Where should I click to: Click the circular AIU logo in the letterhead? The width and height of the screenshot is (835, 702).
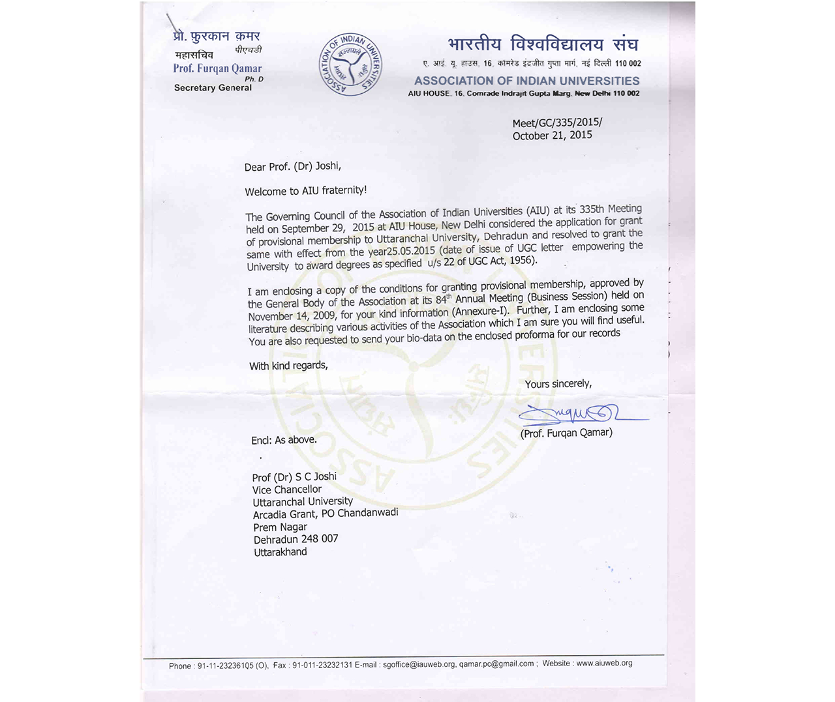(x=351, y=64)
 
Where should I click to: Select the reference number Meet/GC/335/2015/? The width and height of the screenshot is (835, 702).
(x=557, y=123)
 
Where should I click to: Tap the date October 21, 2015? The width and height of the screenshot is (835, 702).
(x=552, y=136)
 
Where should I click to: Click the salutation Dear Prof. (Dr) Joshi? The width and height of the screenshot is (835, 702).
(x=293, y=167)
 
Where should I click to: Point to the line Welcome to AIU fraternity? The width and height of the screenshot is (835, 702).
(x=306, y=191)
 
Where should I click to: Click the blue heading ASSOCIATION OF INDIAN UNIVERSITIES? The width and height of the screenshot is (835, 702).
(x=526, y=81)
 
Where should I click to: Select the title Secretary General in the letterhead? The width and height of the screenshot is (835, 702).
(x=213, y=88)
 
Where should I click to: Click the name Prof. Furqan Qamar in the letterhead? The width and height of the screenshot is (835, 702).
(x=217, y=68)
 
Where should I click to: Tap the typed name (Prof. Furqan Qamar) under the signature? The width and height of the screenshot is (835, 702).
(x=566, y=433)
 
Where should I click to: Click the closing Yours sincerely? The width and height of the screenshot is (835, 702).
(x=558, y=384)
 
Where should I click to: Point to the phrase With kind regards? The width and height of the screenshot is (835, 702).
(x=288, y=366)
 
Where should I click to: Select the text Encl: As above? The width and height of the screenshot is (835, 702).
(x=284, y=441)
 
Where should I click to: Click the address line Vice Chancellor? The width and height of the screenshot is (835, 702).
(x=287, y=490)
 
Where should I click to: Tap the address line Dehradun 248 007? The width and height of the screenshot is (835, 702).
(x=296, y=539)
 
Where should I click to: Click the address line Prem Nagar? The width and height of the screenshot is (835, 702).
(x=280, y=527)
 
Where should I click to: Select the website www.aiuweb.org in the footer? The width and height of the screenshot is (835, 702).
(x=604, y=663)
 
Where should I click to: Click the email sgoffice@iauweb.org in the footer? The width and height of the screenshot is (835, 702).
(x=419, y=664)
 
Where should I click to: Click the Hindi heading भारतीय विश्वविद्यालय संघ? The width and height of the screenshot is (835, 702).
(x=543, y=44)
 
